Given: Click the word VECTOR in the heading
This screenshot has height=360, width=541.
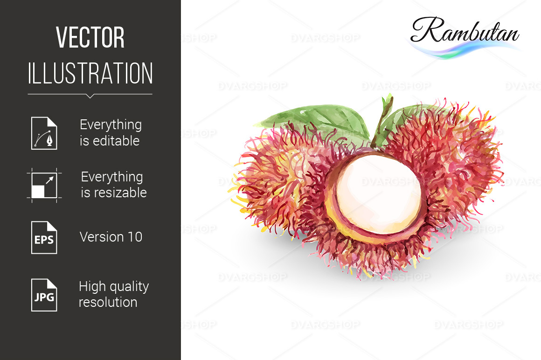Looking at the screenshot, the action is pyautogui.click(x=90, y=37).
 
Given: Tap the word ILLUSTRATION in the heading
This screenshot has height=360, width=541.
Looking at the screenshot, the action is pyautogui.click(x=90, y=73).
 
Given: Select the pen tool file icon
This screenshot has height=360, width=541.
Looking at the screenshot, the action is pyautogui.click(x=44, y=133).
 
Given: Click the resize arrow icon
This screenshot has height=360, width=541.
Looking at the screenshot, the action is pyautogui.click(x=44, y=185).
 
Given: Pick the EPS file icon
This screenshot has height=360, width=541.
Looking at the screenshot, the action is pyautogui.click(x=44, y=237).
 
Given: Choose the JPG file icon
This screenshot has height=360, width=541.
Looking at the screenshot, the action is pyautogui.click(x=44, y=295).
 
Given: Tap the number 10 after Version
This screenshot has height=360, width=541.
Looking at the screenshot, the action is pyautogui.click(x=135, y=237).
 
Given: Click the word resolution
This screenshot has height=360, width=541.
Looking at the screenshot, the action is pyautogui.click(x=108, y=303).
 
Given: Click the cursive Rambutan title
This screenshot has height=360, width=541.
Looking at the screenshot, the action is pyautogui.click(x=465, y=30).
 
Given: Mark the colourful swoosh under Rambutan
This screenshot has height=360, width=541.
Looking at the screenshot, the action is pyautogui.click(x=462, y=49).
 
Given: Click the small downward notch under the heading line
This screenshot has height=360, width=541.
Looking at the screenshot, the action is pyautogui.click(x=90, y=96).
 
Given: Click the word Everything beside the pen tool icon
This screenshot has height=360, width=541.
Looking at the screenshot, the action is pyautogui.click(x=111, y=125).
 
